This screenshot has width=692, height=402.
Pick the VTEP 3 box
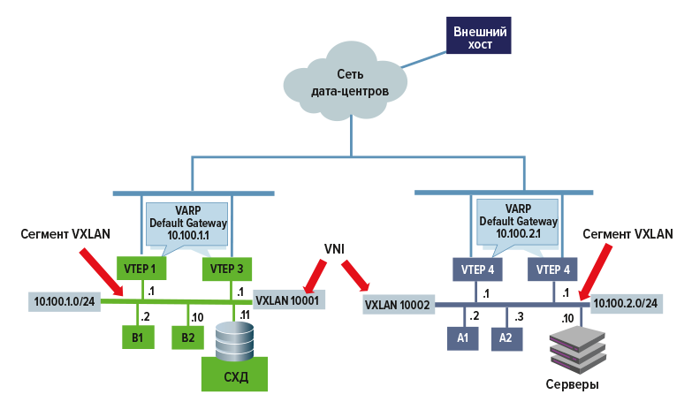(x=228, y=268)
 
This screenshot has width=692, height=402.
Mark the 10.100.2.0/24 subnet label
(x=628, y=302)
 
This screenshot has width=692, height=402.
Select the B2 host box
(x=187, y=337)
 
